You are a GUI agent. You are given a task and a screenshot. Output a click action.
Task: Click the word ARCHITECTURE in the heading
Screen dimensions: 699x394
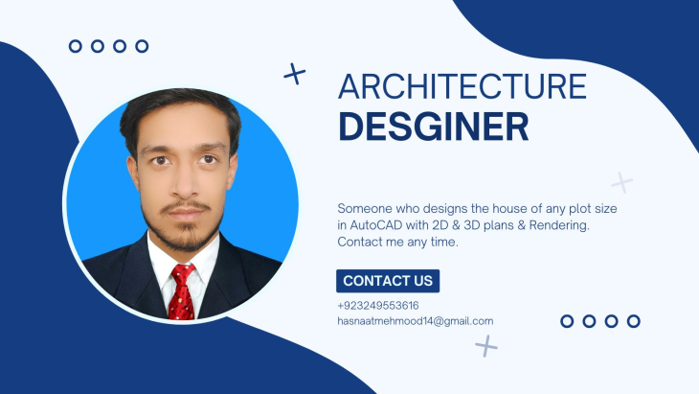click(462, 86)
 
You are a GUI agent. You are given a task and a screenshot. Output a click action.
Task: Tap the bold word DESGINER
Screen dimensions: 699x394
click(434, 127)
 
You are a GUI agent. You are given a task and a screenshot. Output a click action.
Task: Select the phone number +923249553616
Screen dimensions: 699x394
click(378, 306)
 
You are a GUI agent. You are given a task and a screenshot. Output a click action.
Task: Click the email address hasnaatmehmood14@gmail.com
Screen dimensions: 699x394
click(415, 321)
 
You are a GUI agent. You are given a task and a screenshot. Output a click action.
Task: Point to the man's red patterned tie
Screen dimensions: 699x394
click(182, 291)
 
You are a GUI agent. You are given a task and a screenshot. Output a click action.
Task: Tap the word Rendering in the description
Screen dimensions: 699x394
click(559, 225)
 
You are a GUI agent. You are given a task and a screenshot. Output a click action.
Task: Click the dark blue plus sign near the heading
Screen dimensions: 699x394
click(295, 74)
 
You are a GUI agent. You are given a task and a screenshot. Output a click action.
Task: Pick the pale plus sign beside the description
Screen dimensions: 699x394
click(621, 182)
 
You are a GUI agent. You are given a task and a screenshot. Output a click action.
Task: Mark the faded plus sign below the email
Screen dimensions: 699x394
click(485, 346)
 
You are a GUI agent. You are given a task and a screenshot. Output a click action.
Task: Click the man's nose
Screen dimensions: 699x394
click(184, 183)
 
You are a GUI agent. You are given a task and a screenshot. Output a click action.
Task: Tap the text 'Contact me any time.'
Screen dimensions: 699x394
click(397, 242)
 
